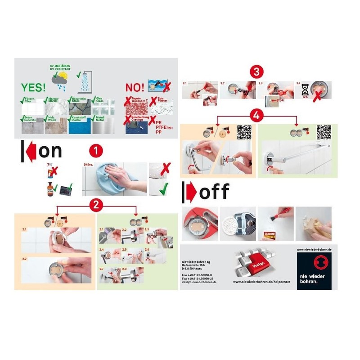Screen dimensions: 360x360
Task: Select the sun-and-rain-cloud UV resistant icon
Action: [59, 81]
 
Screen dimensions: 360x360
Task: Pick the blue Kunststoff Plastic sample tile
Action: [79, 124]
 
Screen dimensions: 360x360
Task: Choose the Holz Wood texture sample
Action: [55, 125]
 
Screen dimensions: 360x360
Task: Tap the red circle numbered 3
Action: [256, 72]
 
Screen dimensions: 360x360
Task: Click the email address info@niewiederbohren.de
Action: [199, 282]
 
